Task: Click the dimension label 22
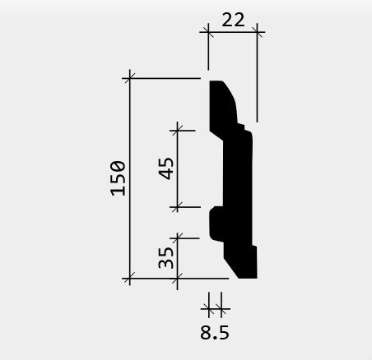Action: (233, 20)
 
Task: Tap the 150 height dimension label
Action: (118, 178)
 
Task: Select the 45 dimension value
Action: (166, 168)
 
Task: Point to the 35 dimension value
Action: (166, 257)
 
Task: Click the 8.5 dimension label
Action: (215, 333)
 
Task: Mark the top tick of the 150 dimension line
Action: (130, 78)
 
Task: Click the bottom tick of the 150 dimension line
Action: (130, 279)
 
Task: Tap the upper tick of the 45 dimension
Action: (178, 131)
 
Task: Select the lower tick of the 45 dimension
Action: (178, 207)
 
